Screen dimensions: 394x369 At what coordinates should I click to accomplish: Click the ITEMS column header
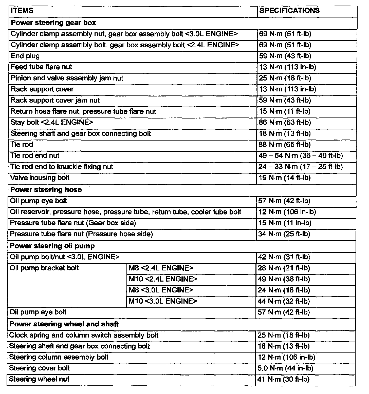22,11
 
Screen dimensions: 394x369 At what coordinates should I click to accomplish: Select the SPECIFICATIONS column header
289,11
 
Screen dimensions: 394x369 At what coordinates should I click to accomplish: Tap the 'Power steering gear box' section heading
53,23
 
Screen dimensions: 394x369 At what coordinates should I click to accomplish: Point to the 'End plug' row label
25,56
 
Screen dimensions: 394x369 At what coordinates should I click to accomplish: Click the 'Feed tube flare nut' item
42,67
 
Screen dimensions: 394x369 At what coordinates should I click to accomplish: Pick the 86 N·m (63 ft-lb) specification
285,123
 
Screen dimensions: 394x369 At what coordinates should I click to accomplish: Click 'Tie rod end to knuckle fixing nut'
62,167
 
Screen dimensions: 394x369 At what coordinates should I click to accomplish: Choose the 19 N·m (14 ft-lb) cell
285,178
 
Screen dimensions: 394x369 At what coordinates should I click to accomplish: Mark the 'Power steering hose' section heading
46,190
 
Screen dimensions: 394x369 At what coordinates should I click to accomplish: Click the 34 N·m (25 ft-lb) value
284,234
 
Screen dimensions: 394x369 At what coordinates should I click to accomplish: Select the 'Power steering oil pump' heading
52,246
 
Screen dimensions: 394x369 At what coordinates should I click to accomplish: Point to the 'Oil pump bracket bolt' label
44,268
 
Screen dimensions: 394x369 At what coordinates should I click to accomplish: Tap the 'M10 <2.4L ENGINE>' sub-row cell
163,279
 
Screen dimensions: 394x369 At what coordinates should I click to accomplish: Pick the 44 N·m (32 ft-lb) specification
284,301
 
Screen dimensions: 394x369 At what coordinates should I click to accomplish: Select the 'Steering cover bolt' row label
40,368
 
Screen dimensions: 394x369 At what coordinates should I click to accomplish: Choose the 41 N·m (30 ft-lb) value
284,379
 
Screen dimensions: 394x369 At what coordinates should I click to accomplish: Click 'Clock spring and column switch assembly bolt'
84,335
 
